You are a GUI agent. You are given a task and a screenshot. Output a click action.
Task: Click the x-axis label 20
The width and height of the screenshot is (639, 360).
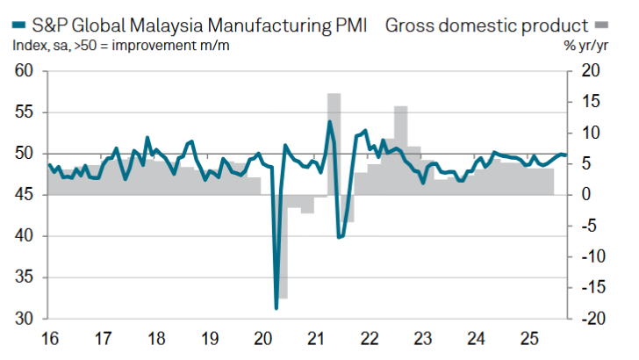click(x=262, y=338)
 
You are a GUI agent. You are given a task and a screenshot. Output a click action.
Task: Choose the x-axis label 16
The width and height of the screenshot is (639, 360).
click(x=50, y=338)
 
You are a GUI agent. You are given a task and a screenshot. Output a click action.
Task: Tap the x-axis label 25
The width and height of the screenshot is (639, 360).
click(x=529, y=338)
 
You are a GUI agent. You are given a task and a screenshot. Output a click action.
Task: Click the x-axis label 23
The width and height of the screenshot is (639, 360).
click(x=423, y=338)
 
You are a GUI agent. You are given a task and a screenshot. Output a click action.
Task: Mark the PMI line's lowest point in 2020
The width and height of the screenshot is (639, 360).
click(x=276, y=307)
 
